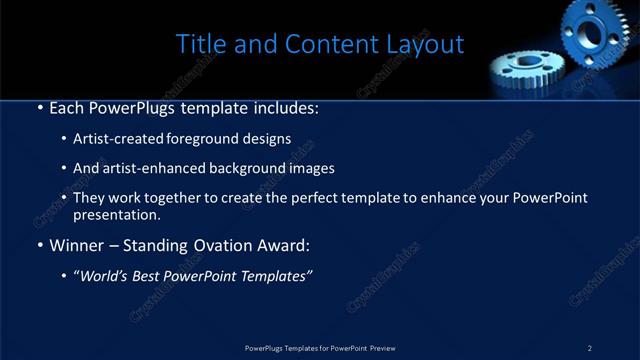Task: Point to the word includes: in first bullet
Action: click(282, 107)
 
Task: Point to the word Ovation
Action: click(226, 245)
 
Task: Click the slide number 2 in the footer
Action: click(589, 348)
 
